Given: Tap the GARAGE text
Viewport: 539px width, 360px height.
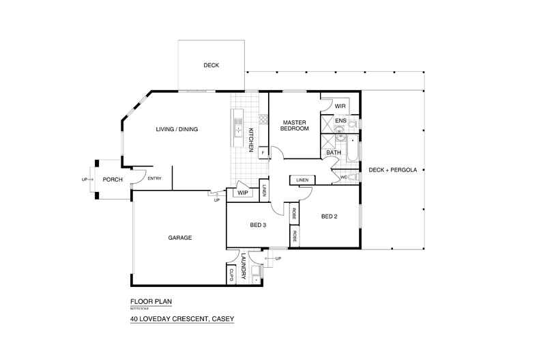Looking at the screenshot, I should pos(179,238).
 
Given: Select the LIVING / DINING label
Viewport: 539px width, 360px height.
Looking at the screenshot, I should pos(177,129).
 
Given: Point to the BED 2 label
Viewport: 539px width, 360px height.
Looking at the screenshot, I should pos(330,217).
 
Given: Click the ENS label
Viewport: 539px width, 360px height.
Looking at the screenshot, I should pos(341,121).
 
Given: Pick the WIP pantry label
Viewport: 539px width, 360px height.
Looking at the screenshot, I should pos(242,193).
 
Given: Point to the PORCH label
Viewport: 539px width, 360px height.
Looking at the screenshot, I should pos(113,180).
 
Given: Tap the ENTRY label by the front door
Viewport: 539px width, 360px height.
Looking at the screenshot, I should pos(154,179).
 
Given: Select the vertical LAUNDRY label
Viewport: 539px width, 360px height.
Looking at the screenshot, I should pos(243,264).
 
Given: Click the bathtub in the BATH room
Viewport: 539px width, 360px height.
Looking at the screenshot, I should pos(352,148).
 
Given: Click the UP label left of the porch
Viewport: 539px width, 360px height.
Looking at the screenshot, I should pos(84,180).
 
